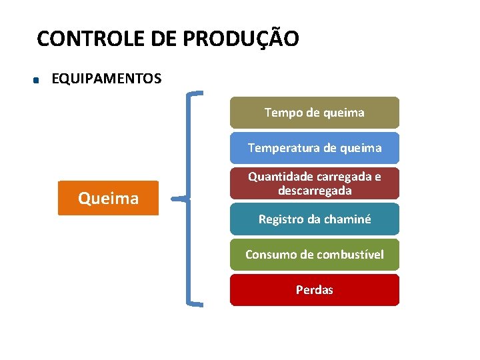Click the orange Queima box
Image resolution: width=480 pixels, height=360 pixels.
coord(109,198)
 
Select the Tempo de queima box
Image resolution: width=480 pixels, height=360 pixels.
coord(315,113)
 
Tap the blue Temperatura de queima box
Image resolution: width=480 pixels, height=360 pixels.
coord(315,148)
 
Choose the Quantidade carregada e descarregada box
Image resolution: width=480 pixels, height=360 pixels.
coord(315,183)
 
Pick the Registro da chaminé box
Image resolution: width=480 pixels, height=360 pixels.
coord(315,219)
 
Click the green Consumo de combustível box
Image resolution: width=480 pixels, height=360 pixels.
coord(315,254)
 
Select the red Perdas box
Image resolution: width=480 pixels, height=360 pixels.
coord(315,290)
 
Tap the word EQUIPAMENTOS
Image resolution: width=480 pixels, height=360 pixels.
coord(106,79)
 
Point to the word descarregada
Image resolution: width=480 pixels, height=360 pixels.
coord(315,191)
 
